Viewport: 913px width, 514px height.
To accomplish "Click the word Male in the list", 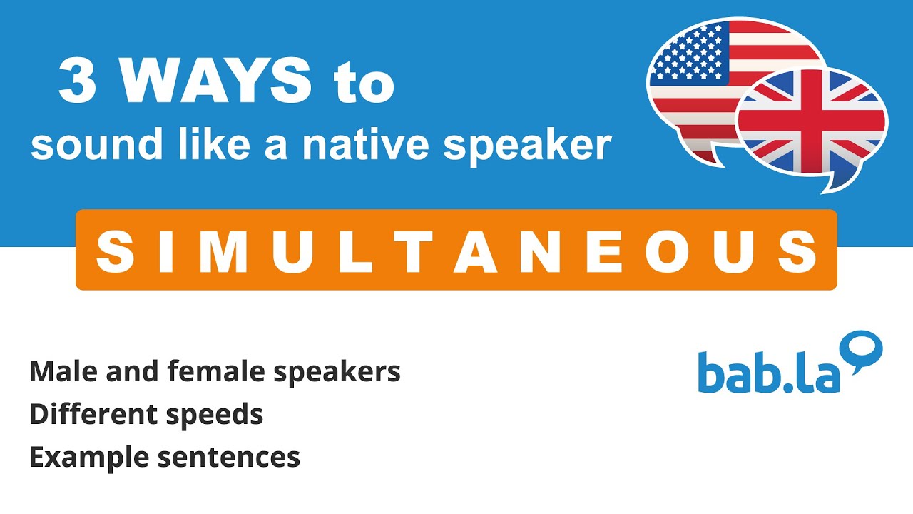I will (x=60, y=371).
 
